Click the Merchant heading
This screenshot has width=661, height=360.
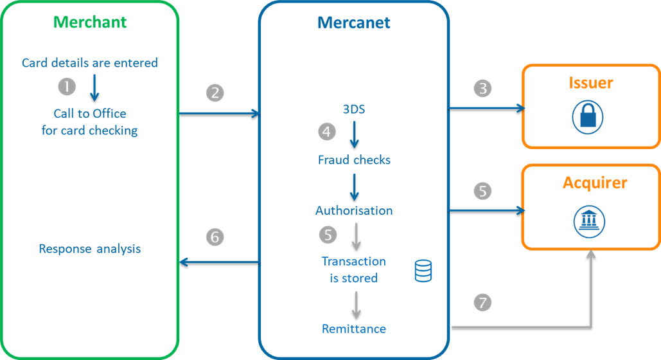coord(90,22)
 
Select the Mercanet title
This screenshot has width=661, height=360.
coord(354,23)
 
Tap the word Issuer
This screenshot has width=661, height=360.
coord(591,83)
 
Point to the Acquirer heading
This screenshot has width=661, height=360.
coord(595,183)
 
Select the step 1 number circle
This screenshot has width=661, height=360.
coord(66,86)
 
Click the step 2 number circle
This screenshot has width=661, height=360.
coord(215,93)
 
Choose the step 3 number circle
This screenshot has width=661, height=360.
coord(482,88)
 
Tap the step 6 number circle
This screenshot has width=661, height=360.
coord(215,237)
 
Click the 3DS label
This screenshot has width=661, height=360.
coord(354,109)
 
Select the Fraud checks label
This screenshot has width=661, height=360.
coord(354,159)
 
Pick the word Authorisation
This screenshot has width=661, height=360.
coord(354,211)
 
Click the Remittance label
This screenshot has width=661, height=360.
coord(354,329)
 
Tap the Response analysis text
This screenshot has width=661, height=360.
coord(90,248)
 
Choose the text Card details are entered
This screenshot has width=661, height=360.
coord(90,63)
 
